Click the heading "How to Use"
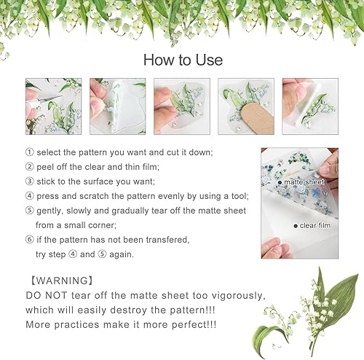pos(183,59)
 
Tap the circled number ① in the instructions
pos(29,152)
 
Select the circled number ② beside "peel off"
pos(29,166)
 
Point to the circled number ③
pos(29,181)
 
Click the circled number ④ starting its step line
pos(29,195)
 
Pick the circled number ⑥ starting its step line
pos(29,238)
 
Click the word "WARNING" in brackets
pos(60,280)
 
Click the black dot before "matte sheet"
pos(280,181)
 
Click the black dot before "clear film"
pos(296,226)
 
